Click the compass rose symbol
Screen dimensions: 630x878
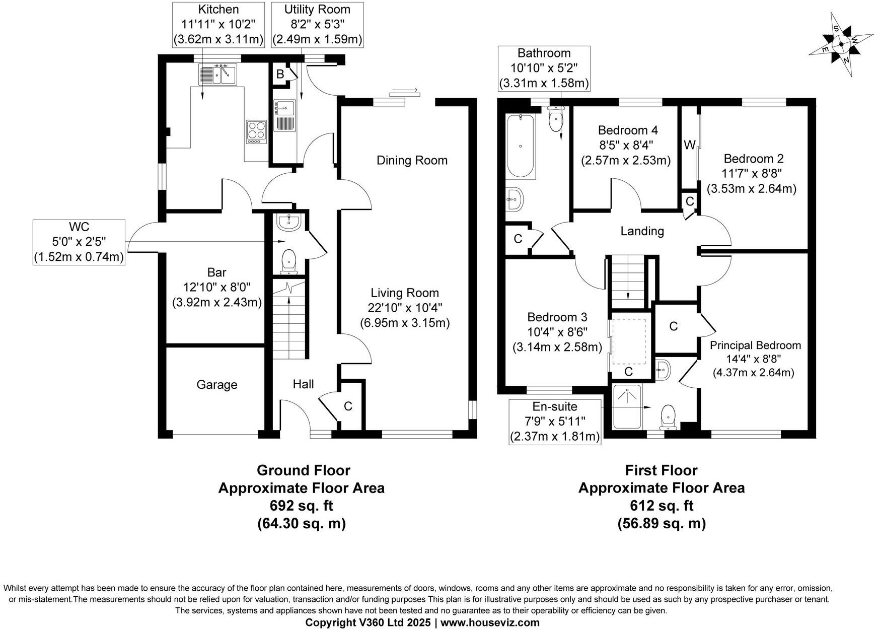(x=841, y=45)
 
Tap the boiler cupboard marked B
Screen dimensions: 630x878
(x=280, y=74)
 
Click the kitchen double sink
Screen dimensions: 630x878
(x=218, y=75)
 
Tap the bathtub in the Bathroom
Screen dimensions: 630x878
(x=521, y=146)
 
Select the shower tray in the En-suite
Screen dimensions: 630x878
(x=627, y=406)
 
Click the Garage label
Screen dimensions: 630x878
(x=216, y=385)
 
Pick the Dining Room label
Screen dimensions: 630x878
(x=412, y=160)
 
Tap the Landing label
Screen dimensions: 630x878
(x=642, y=231)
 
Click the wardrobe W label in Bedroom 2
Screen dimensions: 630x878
(x=689, y=145)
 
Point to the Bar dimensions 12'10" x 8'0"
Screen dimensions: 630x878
(x=216, y=288)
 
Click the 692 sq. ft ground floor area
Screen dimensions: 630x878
(x=301, y=506)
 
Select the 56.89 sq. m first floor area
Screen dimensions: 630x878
(x=661, y=524)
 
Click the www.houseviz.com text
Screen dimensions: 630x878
(x=490, y=622)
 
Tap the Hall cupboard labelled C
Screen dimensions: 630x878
(x=348, y=406)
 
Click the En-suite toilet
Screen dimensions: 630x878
(x=668, y=415)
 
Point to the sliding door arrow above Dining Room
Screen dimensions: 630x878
(x=404, y=91)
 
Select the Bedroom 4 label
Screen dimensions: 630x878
(x=627, y=130)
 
